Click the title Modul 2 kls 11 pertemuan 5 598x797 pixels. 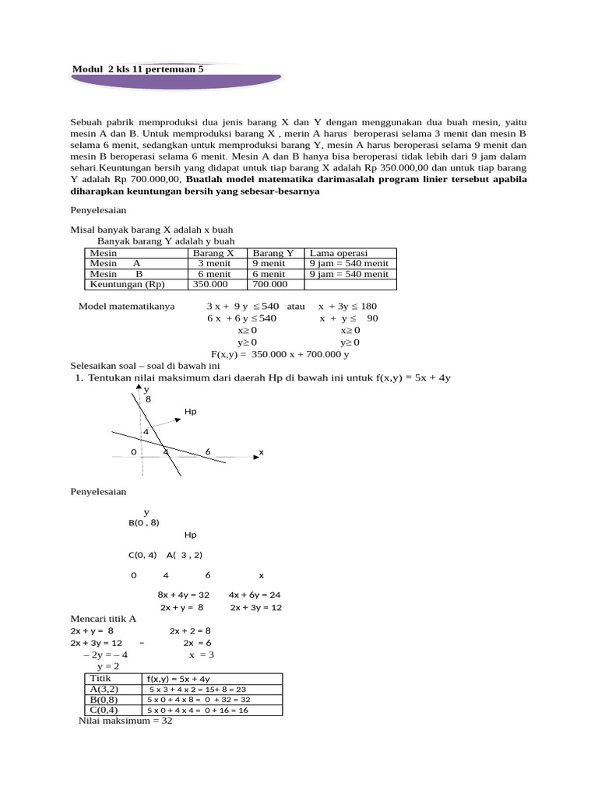pyautogui.click(x=137, y=69)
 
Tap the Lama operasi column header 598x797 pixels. pyautogui.click(x=339, y=253)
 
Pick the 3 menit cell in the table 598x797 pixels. pyautogui.click(x=213, y=263)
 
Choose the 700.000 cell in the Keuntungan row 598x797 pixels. pyautogui.click(x=269, y=284)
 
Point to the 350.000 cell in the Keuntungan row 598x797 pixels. pyautogui.click(x=208, y=284)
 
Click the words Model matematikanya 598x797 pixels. pyautogui.click(x=127, y=307)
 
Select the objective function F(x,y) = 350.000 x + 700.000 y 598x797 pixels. pyautogui.click(x=280, y=354)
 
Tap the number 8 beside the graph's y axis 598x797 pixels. pyautogui.click(x=149, y=398)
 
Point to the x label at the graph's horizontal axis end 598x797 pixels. pyautogui.click(x=261, y=451)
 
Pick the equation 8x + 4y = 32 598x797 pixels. pyautogui.click(x=183, y=595)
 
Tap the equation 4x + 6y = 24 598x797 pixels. pyautogui.click(x=255, y=595)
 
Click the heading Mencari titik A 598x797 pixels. pyautogui.click(x=103, y=619)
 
